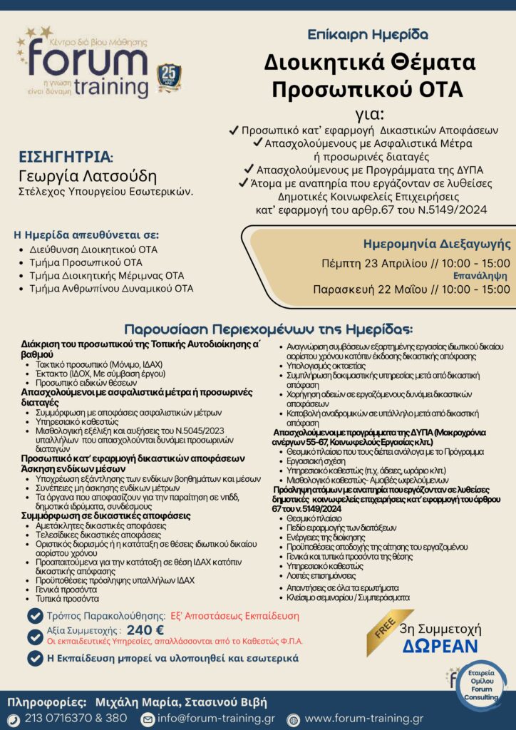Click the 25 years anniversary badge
(169, 78)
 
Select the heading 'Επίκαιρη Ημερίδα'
(368, 34)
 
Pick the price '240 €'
(145, 629)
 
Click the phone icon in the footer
(15, 719)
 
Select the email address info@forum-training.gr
(216, 719)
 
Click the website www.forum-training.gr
(363, 719)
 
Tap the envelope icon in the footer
(148, 719)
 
